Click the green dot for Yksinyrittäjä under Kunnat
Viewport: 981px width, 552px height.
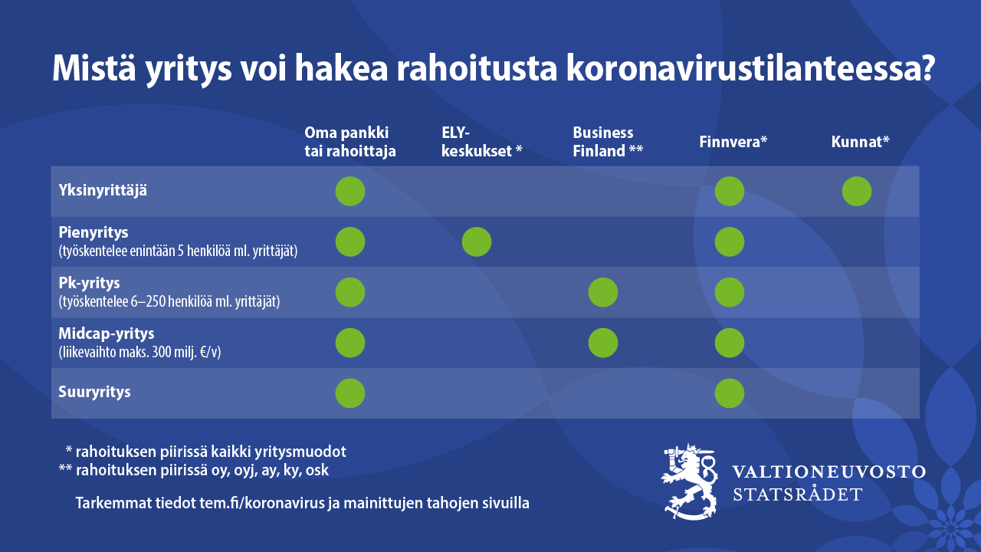tap(857, 192)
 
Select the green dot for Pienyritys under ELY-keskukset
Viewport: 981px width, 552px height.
tap(477, 242)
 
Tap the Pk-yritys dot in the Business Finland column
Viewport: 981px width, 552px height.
tap(603, 292)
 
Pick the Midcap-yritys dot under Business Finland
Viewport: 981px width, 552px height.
tap(603, 343)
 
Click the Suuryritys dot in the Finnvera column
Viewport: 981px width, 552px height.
tap(730, 393)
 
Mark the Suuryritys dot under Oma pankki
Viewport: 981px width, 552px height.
tap(350, 393)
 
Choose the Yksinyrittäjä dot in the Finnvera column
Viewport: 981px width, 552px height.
tap(730, 192)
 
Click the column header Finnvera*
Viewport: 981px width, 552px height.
tap(733, 142)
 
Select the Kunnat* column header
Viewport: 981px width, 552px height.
tap(860, 142)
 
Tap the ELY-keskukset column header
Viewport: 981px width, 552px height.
tap(482, 142)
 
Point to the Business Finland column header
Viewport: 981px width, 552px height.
tap(608, 142)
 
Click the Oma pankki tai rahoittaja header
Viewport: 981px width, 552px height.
tap(350, 142)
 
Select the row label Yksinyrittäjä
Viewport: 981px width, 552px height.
tap(103, 191)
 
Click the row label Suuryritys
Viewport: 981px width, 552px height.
tap(94, 392)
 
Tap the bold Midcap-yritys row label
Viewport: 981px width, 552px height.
tap(107, 333)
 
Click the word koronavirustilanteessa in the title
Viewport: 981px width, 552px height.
tap(750, 68)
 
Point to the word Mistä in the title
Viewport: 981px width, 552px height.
tap(94, 68)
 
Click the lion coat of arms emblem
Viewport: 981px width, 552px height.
tap(689, 481)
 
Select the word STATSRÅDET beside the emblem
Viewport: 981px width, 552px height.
tap(798, 495)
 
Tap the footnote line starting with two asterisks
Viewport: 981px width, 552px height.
tap(194, 470)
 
